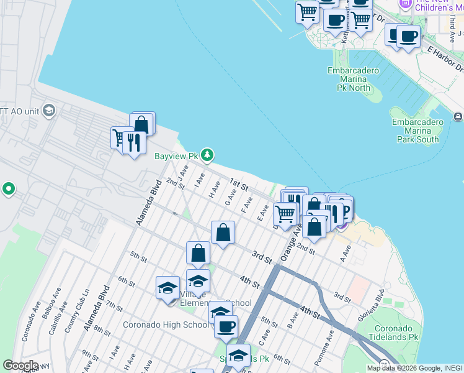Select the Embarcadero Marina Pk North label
(353, 79)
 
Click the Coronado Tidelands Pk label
(401, 332)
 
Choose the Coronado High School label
(166, 325)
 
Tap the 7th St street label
(114, 306)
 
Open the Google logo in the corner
(20, 366)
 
